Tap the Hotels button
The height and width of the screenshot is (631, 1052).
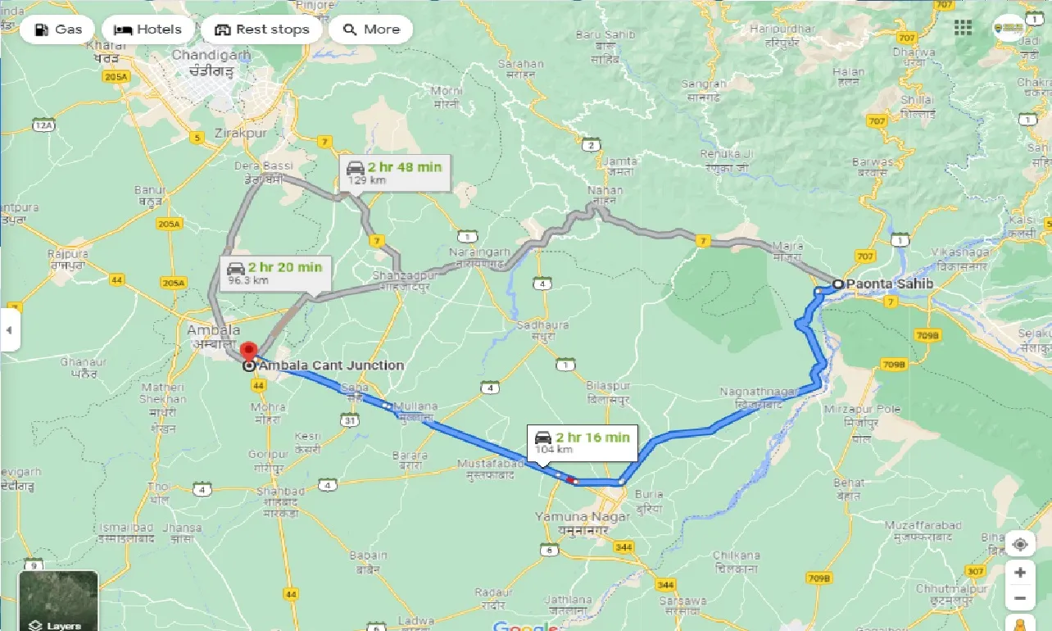(147, 30)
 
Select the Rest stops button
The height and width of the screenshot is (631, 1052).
(262, 30)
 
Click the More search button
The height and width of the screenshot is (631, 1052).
(370, 30)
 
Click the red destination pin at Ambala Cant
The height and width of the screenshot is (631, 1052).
(250, 353)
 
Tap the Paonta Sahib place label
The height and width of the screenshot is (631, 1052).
(889, 284)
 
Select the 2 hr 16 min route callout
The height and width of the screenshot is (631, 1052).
(582, 442)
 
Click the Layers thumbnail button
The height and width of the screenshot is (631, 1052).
(59, 601)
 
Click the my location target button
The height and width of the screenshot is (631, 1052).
(1019, 544)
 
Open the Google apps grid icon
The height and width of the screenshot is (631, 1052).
(964, 28)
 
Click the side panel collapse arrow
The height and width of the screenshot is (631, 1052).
(9, 329)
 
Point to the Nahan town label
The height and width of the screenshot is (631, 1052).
(605, 191)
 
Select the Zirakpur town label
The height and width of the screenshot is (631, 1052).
(240, 133)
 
